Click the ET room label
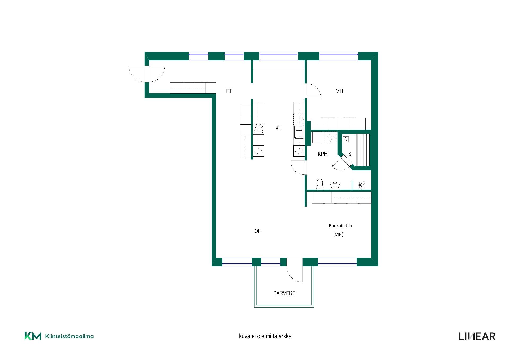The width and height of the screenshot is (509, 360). (229, 91)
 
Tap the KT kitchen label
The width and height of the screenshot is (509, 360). (278, 128)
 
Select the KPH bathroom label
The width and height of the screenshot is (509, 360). (322, 154)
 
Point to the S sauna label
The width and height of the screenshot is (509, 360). (350, 154)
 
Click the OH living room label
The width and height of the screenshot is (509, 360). (258, 231)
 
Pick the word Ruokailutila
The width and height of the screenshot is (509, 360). (340, 226)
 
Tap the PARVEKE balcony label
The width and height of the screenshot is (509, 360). (284, 293)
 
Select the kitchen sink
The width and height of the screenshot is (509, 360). (299, 132)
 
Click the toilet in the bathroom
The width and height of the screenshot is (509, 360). (320, 184)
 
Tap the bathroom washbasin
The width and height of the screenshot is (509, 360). (335, 186)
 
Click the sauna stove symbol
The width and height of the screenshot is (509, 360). (346, 139)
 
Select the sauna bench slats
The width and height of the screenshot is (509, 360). (362, 150)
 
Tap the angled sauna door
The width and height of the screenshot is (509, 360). (343, 163)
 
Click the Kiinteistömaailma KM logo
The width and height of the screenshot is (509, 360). (59, 336)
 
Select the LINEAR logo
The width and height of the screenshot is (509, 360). (477, 336)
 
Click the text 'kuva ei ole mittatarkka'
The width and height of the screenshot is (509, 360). (265, 336)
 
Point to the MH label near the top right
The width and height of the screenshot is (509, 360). (339, 91)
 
